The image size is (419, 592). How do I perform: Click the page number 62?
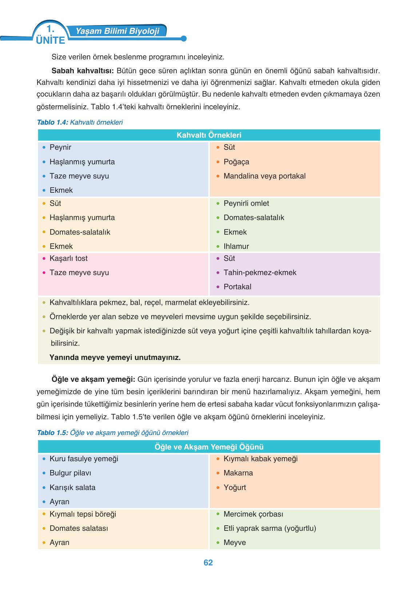(x=208, y=562)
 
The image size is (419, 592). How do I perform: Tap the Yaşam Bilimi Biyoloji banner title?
(x=117, y=31)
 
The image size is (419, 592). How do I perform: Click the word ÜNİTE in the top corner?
(x=51, y=40)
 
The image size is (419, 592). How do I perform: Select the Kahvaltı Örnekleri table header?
(x=209, y=135)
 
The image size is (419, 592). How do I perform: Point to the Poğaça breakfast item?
(x=236, y=162)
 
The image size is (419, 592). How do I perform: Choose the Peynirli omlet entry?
(x=246, y=203)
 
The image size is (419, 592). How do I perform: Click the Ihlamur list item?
(x=236, y=246)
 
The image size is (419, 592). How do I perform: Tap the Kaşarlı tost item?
(x=68, y=258)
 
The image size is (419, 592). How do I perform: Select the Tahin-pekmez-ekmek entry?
(x=260, y=273)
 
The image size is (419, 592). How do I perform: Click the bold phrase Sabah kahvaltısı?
(x=83, y=70)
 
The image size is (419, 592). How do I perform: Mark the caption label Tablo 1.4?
(x=53, y=122)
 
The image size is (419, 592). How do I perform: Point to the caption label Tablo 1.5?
(x=53, y=433)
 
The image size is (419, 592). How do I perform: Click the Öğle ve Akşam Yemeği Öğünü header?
(x=209, y=447)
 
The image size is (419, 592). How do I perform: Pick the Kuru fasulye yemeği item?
(x=84, y=459)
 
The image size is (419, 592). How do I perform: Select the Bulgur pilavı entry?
(x=70, y=473)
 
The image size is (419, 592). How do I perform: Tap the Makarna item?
(x=238, y=473)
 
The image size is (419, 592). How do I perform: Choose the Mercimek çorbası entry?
(x=253, y=514)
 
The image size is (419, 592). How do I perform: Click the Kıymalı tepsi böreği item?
(x=83, y=514)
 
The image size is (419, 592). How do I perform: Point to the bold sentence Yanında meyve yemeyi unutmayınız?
(x=115, y=357)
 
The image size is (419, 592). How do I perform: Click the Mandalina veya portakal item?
(x=264, y=176)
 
